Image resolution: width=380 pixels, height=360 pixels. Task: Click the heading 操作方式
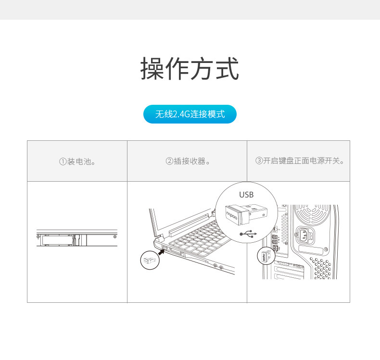190,69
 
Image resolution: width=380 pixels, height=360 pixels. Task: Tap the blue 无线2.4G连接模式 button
190,114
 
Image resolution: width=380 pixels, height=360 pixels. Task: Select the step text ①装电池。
77,161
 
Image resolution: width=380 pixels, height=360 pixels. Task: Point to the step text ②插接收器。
188,161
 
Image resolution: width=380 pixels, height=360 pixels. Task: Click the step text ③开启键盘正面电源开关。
300,161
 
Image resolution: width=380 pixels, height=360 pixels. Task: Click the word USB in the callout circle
246,195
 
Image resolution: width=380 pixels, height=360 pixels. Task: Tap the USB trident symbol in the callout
248,234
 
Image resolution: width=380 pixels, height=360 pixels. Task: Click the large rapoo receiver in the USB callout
246,214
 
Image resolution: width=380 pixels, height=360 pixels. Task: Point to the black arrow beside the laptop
162,252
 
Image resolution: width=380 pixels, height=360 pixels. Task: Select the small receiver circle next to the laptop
150,260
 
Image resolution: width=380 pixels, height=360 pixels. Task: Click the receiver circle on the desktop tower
266,256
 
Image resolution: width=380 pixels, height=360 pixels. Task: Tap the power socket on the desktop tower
304,235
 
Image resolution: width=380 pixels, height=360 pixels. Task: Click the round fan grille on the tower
312,214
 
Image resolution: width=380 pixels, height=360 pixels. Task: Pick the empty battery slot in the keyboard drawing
57,240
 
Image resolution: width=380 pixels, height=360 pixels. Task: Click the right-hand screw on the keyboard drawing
115,236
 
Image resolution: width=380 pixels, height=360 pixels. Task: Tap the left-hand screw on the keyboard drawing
38,236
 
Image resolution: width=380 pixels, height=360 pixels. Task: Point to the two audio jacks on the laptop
218,267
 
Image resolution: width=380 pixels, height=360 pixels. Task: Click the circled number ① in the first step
63,161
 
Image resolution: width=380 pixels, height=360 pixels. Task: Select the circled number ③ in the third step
259,161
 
